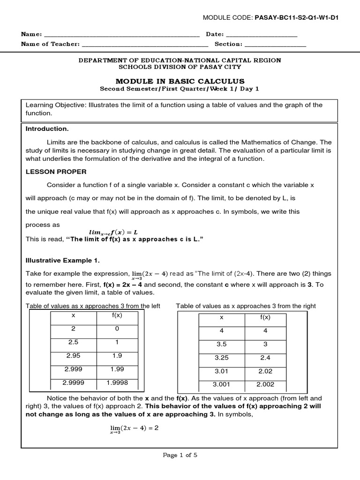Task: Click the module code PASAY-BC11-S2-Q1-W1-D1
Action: (x=296, y=18)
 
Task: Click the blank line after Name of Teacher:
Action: (x=145, y=45)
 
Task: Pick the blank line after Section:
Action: (x=275, y=45)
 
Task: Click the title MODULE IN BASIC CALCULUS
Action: (x=180, y=81)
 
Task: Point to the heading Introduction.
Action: (x=47, y=128)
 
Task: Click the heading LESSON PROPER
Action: (x=56, y=172)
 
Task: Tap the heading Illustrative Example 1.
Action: (x=62, y=260)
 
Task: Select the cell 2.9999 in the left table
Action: (x=73, y=382)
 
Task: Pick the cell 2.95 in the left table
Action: (x=73, y=356)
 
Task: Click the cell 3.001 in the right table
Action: (x=222, y=384)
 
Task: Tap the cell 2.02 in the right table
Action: (x=265, y=371)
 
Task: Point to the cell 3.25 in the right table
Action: (x=222, y=358)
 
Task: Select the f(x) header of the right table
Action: (x=265, y=317)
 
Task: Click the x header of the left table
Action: (x=73, y=315)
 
